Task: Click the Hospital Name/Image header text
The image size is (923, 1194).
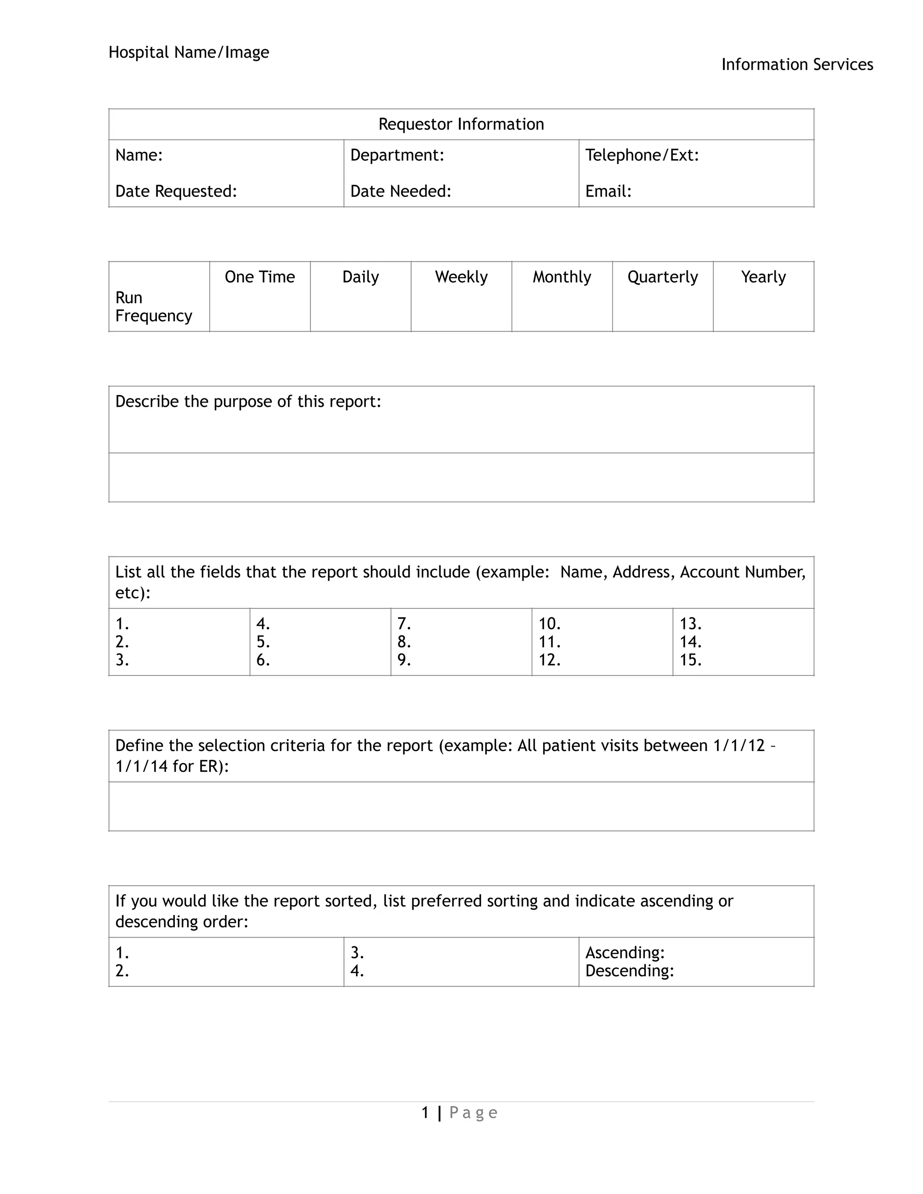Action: (x=189, y=52)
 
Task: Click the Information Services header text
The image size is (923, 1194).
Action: (x=797, y=64)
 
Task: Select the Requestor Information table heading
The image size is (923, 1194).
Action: (x=461, y=124)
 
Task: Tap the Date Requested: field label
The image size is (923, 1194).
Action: (x=176, y=191)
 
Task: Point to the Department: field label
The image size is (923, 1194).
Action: (x=397, y=155)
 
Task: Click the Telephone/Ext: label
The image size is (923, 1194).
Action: (x=642, y=155)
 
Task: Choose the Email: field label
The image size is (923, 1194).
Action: (x=608, y=191)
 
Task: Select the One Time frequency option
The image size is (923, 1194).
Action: (x=260, y=277)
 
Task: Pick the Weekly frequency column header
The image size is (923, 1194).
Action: (x=461, y=277)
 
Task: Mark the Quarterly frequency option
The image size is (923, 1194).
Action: (x=662, y=277)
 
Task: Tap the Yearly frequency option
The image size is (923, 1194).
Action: (x=763, y=277)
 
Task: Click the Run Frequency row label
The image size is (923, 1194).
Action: (x=153, y=307)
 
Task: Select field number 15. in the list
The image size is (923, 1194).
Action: (x=690, y=661)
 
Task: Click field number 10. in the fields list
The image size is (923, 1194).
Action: (x=549, y=624)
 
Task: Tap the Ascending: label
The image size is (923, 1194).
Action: (x=625, y=953)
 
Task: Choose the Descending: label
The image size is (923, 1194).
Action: (x=629, y=971)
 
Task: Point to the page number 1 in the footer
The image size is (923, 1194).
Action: (x=425, y=1112)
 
